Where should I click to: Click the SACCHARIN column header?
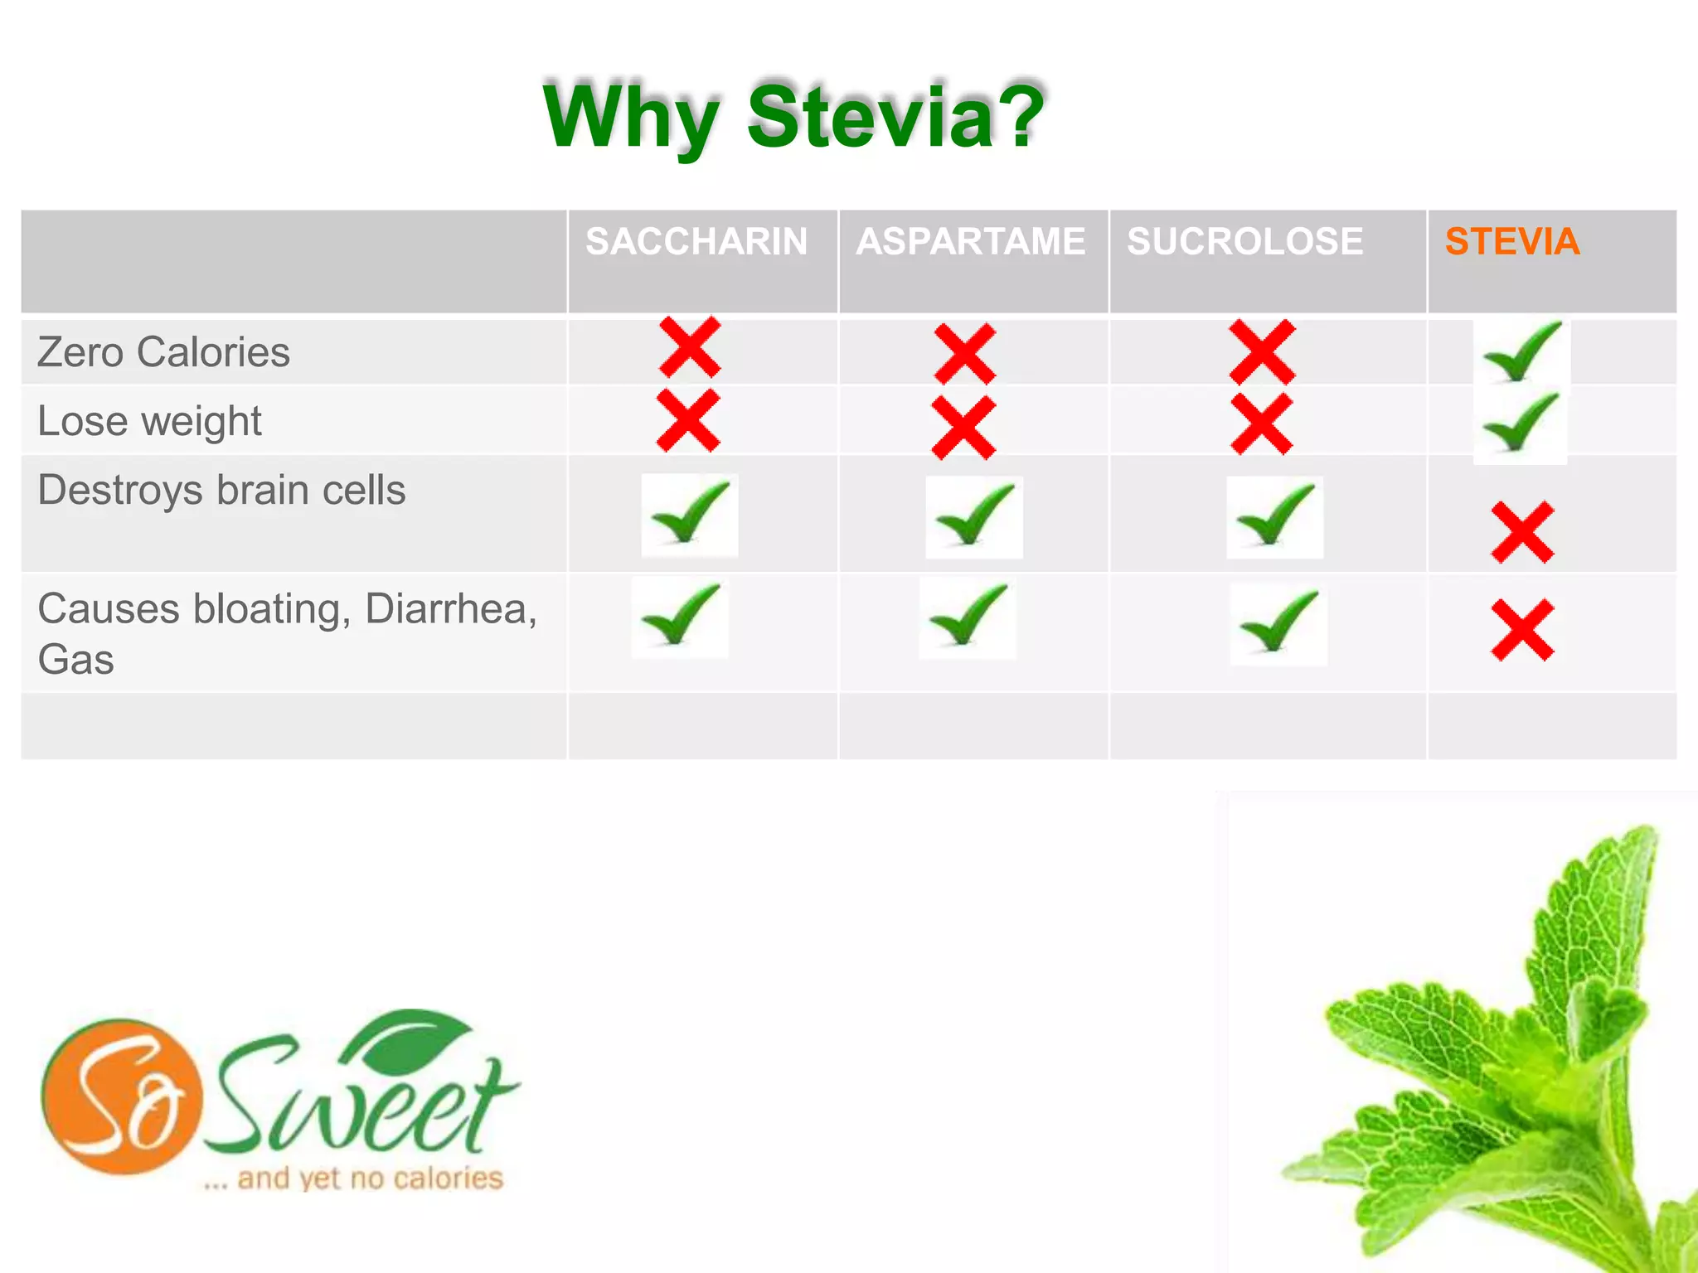696,242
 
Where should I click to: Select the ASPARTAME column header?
971,242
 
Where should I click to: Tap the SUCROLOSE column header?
1244,242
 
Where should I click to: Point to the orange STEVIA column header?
1512,242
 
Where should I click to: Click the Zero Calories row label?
164,352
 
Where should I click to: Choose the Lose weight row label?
150,421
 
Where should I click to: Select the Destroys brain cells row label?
222,490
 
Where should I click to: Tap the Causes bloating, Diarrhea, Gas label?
287,633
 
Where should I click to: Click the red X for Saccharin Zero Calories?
690,347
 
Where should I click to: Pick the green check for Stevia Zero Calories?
1521,352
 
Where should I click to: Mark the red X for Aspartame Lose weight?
963,428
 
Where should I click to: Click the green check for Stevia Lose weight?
1521,423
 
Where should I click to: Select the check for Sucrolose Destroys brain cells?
1275,515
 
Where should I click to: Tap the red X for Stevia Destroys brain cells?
1522,533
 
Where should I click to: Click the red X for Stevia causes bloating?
1522,631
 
